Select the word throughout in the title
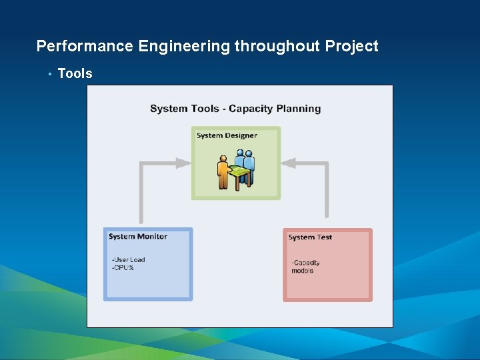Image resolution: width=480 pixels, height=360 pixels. pos(277,47)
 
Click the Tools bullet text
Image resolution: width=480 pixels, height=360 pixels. pos(75,74)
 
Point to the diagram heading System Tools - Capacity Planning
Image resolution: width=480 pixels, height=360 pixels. pos(235,109)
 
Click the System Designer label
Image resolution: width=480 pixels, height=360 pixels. pos(227,136)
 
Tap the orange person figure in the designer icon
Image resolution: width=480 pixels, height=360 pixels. pos(223,173)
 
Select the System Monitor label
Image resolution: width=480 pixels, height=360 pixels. pos(138,237)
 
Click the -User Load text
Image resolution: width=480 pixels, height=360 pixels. pos(128,260)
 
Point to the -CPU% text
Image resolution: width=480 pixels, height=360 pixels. pos(123,268)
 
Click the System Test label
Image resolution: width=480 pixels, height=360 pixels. pos(310,237)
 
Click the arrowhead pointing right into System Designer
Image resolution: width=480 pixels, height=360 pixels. pos(183,163)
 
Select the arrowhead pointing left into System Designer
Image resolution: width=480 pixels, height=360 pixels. pos(290,163)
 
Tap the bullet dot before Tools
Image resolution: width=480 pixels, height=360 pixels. pos(49,74)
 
